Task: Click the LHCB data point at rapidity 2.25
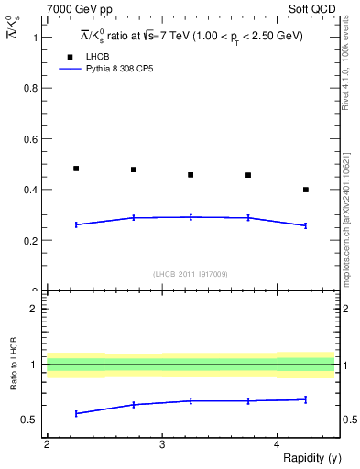[x=76, y=169]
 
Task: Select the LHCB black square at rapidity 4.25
[x=305, y=190]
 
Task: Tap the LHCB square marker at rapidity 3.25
[x=191, y=175]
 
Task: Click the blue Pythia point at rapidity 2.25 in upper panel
[x=76, y=224]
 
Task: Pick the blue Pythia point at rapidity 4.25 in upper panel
[x=305, y=225]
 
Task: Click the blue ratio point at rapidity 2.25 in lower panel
[x=76, y=413]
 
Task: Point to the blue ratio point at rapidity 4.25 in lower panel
[x=305, y=399]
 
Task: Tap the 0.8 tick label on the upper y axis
[x=34, y=89]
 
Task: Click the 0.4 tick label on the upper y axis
[x=34, y=191]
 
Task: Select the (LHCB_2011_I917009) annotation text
[x=191, y=274]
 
